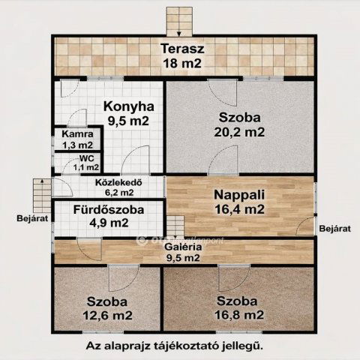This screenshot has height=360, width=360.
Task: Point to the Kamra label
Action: pos(77,135)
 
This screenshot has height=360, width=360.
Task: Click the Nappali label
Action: pos(241,193)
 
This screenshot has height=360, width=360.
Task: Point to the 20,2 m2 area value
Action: pos(241,133)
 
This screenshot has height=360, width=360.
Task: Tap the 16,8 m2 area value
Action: pos(240,314)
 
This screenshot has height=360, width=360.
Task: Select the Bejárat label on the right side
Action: pos(334,227)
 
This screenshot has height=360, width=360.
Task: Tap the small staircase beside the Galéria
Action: pos(175,225)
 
